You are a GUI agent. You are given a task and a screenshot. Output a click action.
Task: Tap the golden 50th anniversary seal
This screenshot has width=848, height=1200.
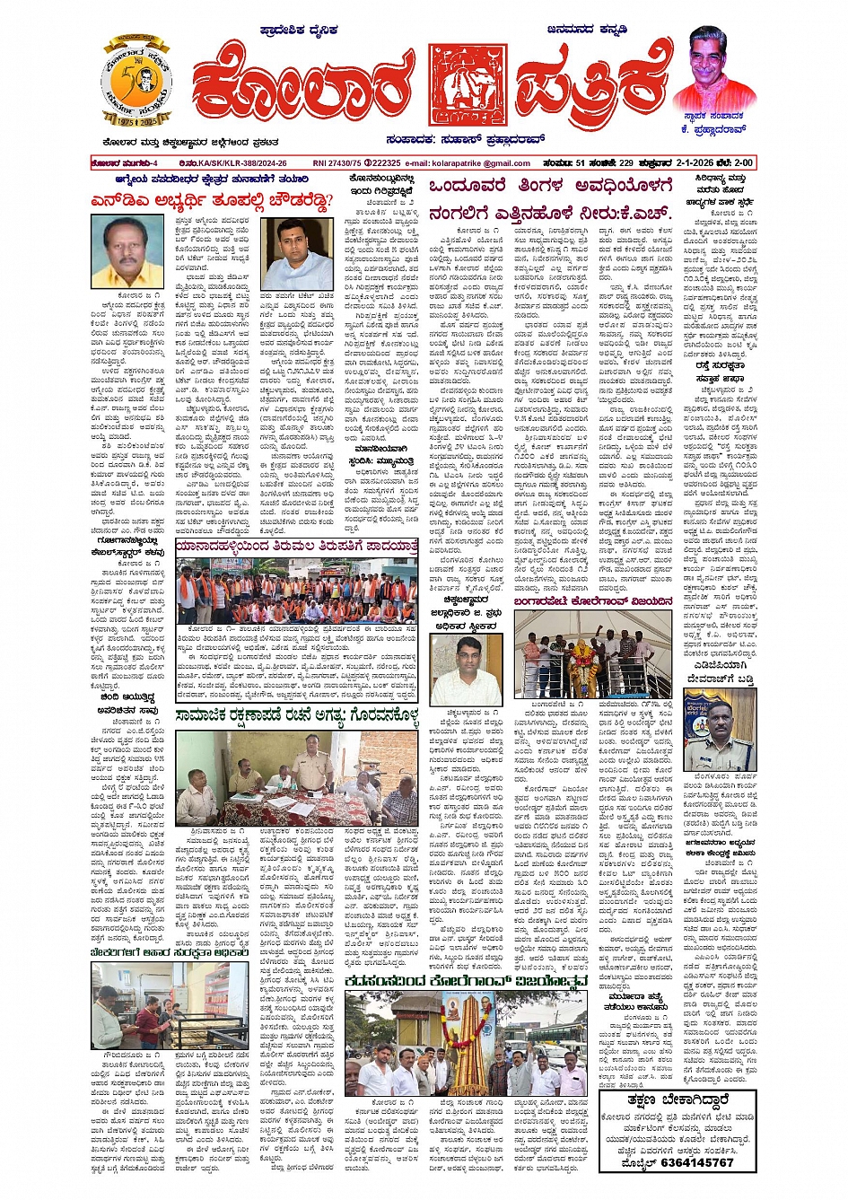tap(136, 83)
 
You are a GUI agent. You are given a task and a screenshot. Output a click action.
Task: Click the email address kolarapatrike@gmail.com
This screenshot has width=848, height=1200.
tap(481, 163)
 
